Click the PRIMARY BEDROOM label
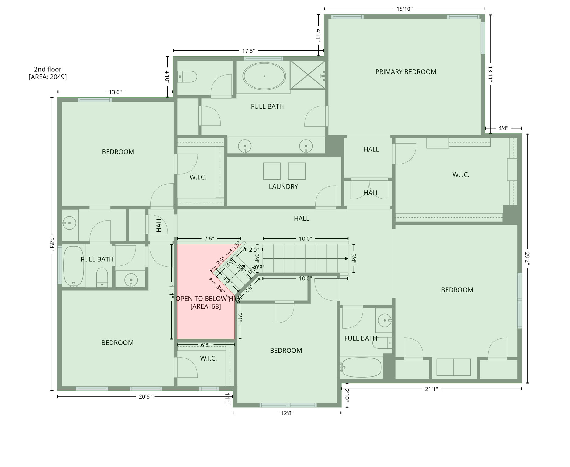[x=406, y=72]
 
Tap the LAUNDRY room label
[x=283, y=187]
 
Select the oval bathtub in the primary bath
[x=264, y=76]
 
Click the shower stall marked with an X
[x=308, y=75]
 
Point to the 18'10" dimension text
[x=404, y=9]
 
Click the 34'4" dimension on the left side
[x=52, y=243]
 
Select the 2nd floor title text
[x=48, y=69]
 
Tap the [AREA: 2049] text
[x=48, y=77]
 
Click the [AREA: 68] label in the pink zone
[x=206, y=306]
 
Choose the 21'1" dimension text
[x=431, y=389]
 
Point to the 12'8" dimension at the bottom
[x=287, y=413]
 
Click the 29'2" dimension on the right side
[x=527, y=258]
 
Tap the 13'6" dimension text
[x=115, y=92]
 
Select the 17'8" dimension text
[x=248, y=51]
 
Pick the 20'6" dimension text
[x=145, y=397]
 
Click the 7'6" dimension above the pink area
[x=209, y=239]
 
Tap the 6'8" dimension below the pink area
[x=206, y=345]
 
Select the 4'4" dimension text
[x=503, y=128]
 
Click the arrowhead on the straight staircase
[x=346, y=259]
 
